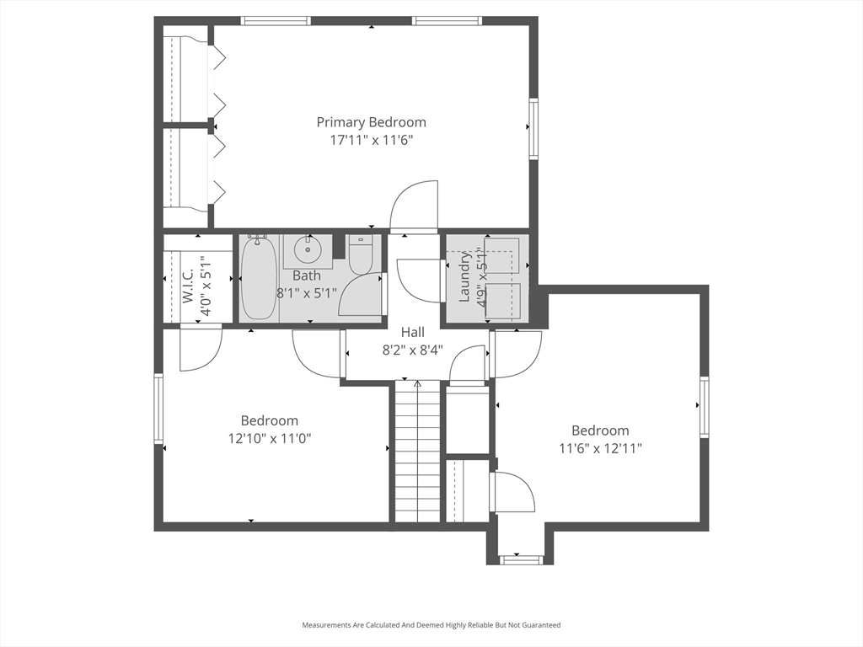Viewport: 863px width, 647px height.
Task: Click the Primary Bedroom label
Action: click(371, 122)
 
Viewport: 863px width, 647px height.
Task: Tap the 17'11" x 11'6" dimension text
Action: click(371, 141)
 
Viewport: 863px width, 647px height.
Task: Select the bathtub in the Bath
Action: click(259, 277)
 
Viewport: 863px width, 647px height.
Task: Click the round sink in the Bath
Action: click(308, 251)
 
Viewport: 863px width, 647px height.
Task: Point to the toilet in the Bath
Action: click(362, 254)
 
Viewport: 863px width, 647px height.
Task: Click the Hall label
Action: click(412, 332)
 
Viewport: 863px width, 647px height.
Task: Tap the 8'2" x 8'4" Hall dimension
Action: click(413, 350)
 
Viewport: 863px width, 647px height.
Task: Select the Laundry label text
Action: click(464, 276)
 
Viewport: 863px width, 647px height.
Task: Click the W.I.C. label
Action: click(188, 286)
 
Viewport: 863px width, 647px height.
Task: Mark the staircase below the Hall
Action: click(417, 452)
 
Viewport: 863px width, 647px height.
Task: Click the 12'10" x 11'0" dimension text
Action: click(270, 439)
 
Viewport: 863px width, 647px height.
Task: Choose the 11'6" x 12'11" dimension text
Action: click(600, 449)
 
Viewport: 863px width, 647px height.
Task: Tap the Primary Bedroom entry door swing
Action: click(414, 206)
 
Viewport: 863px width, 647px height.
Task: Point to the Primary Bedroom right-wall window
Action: click(533, 129)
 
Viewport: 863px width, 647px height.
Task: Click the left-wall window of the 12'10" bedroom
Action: click(158, 409)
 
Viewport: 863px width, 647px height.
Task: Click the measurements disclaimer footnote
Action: click(431, 625)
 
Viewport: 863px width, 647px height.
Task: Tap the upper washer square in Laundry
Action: click(502, 255)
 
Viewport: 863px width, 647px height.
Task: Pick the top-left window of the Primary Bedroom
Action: click(276, 21)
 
